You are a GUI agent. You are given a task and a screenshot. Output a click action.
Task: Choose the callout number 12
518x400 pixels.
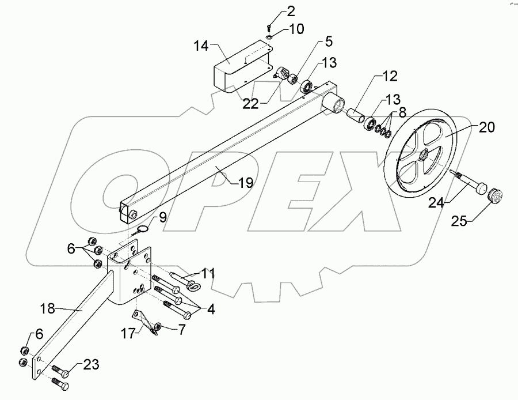click(390, 75)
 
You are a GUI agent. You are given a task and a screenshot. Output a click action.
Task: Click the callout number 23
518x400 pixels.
click(91, 364)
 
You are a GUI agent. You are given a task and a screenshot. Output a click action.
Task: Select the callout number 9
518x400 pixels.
click(163, 217)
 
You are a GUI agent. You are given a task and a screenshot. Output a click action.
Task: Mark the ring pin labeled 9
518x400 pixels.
click(143, 228)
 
